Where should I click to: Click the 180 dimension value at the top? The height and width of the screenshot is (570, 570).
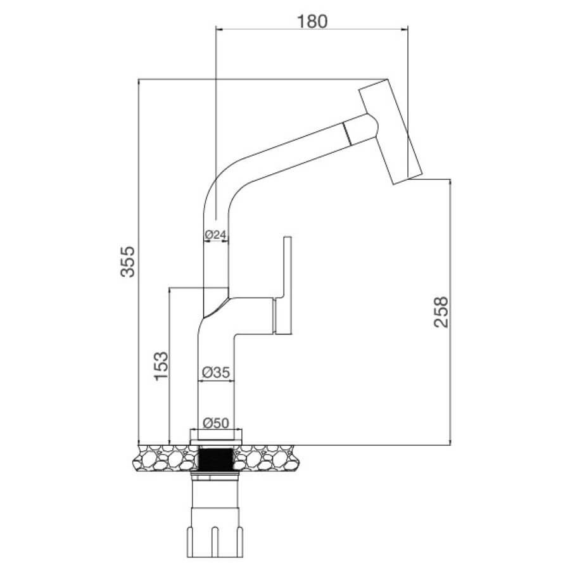pos(312,22)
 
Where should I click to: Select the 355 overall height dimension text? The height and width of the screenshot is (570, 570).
pos(127,262)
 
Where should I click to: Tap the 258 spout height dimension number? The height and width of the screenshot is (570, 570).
pos(441,312)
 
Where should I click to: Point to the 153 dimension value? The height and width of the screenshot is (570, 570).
pos(161,365)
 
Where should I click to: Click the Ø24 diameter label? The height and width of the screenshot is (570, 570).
pos(215,235)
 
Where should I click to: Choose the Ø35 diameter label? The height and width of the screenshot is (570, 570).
pos(216,372)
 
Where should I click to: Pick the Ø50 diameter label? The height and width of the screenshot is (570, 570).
pos(216,423)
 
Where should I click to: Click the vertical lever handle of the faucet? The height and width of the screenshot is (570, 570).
pos(287,285)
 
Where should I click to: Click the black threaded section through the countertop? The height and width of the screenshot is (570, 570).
pos(216,460)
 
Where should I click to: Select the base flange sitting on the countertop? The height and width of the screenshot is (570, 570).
pos(216,436)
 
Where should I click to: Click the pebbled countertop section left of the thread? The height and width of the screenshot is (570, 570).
pos(165,458)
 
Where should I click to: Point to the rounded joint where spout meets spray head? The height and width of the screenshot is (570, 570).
pos(370,127)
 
